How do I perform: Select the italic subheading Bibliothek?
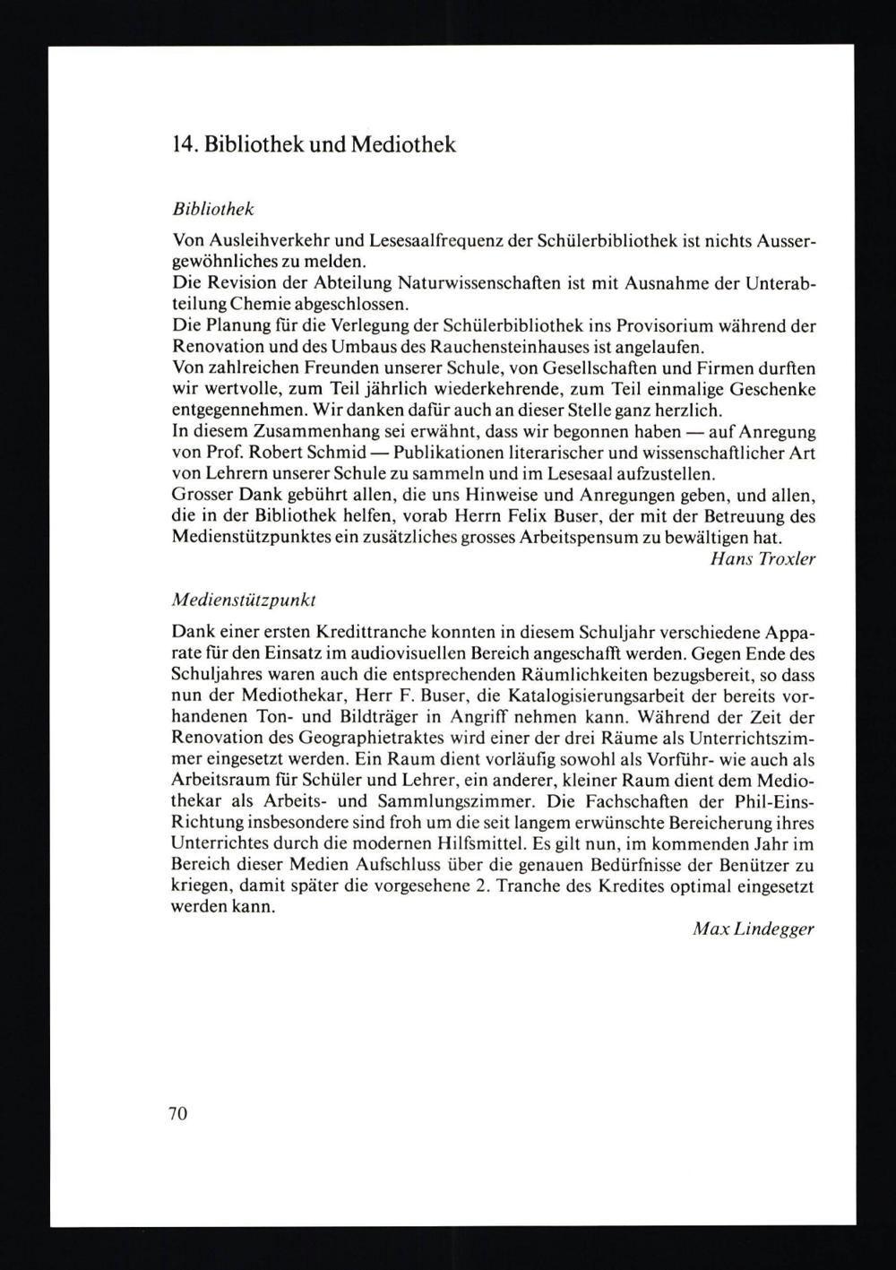tap(212, 209)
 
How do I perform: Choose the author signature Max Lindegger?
tap(754, 929)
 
